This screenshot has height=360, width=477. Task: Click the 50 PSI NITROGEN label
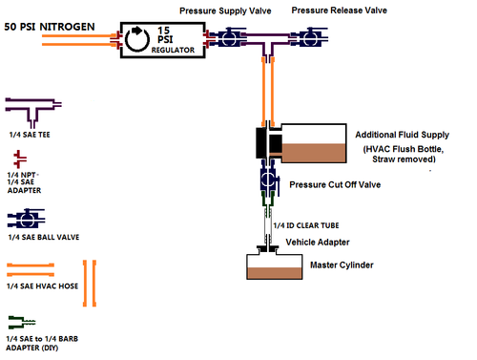[x=50, y=27]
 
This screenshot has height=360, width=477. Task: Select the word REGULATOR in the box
[x=173, y=50]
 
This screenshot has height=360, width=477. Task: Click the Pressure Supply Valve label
[x=225, y=11]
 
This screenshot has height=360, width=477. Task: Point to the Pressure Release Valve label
[x=340, y=11]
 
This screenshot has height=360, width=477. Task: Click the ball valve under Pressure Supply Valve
[x=229, y=37]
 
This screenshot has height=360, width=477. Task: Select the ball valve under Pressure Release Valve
[x=309, y=37]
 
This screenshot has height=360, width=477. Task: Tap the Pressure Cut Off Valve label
[x=335, y=184]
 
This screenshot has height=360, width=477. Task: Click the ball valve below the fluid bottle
[x=270, y=179]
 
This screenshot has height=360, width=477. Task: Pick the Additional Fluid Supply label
[x=403, y=135]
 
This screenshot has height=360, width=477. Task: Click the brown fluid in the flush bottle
[x=314, y=153]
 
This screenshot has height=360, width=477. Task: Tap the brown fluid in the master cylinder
[x=275, y=273]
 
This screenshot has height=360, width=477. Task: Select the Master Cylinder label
[x=342, y=265]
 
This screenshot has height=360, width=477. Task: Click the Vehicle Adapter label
[x=318, y=243]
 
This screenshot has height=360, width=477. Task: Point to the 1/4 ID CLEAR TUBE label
[x=306, y=225]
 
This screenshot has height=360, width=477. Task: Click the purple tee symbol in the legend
[x=33, y=109]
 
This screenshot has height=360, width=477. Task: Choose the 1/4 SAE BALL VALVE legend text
[x=44, y=237]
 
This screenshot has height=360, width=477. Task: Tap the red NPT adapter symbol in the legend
[x=19, y=159]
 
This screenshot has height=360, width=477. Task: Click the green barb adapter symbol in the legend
[x=22, y=323]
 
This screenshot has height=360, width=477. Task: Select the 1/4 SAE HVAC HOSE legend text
[x=42, y=286]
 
